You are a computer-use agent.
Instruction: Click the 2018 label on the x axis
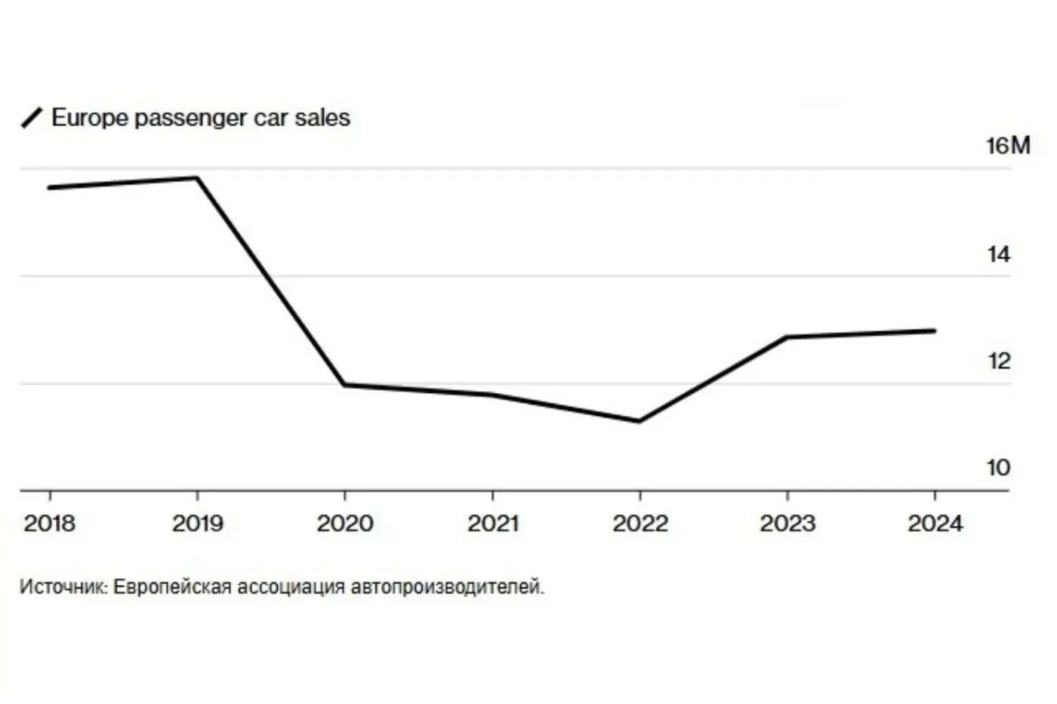50,524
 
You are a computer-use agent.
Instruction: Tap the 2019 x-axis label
198,524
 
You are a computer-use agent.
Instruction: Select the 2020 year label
345,524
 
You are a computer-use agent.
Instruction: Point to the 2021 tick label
493,524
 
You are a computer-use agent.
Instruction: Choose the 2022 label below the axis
640,524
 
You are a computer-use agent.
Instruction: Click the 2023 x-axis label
787,524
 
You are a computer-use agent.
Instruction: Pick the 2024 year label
935,524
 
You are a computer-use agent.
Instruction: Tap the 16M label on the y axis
1009,146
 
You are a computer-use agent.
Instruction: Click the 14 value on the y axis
998,254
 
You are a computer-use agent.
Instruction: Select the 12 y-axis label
998,361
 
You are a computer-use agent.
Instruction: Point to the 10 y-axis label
998,468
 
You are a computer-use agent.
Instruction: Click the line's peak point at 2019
197,178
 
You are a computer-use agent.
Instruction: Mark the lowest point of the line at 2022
639,421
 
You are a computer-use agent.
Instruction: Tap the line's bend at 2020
345,385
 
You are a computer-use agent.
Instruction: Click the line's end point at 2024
935,331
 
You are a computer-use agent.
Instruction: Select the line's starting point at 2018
50,188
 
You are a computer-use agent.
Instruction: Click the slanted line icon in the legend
32,118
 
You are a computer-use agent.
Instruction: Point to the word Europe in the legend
90,118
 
